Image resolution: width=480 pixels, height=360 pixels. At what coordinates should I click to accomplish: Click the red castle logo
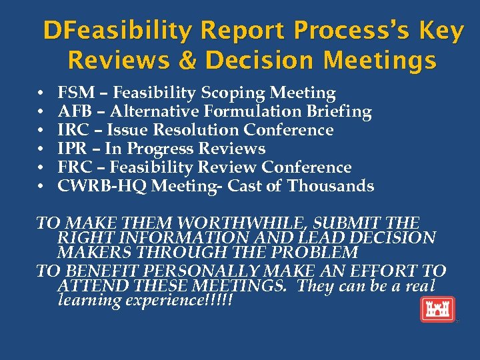[437, 309]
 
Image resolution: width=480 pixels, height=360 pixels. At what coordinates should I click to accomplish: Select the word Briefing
[335, 111]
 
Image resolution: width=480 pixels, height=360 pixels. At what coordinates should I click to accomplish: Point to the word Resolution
[195, 130]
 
